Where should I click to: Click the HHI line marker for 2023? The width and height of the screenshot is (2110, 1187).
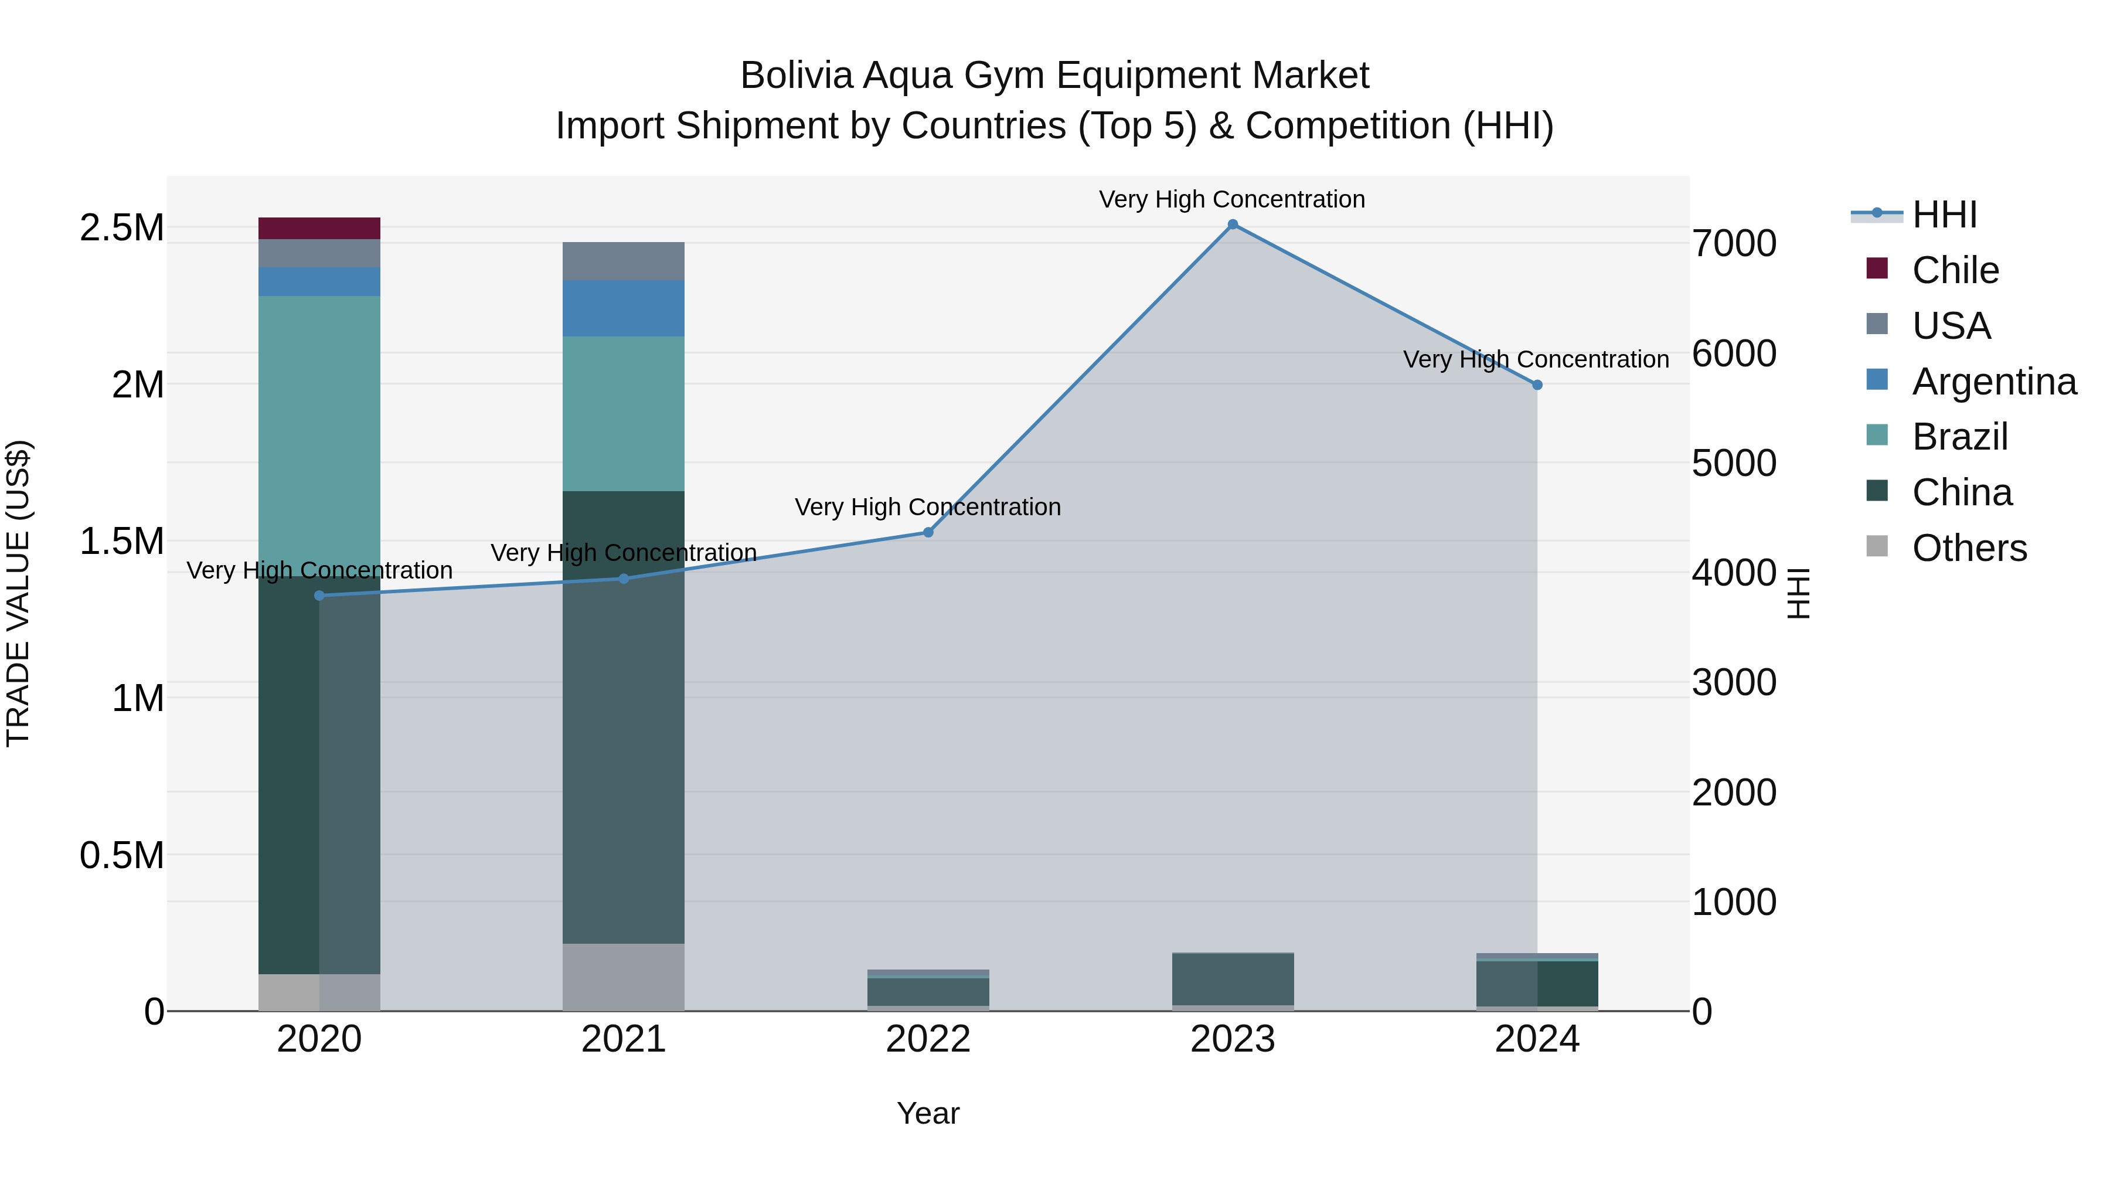[x=1233, y=225]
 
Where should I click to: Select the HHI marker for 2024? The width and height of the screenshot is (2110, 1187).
[x=1537, y=385]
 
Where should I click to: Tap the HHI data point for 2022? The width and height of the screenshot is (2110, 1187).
[x=928, y=532]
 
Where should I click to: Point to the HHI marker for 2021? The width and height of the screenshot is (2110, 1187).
[x=624, y=579]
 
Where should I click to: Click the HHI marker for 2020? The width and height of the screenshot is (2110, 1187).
[x=319, y=596]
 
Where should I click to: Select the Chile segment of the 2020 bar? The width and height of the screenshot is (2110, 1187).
[x=319, y=229]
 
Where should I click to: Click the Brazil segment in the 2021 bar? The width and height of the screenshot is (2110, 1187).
[x=624, y=414]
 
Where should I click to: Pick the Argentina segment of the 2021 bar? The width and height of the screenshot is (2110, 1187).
[x=624, y=308]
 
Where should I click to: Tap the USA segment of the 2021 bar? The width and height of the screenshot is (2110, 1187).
[x=624, y=261]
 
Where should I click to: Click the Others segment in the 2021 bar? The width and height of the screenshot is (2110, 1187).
[x=624, y=977]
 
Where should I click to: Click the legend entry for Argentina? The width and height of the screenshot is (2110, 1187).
[x=1994, y=382]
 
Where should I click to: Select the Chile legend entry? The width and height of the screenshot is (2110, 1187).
[x=1955, y=270]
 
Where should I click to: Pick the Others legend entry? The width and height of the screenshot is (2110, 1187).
[x=1969, y=548]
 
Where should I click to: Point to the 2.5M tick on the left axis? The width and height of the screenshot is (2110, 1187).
[x=122, y=228]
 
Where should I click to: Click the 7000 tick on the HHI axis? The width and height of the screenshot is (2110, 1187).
[x=1734, y=243]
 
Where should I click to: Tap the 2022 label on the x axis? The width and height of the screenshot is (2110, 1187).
[x=928, y=1039]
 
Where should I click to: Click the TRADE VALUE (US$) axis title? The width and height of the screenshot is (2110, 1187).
[x=18, y=593]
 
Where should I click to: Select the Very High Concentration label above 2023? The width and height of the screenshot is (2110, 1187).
[x=1232, y=199]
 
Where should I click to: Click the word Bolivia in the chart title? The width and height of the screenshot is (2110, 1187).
[x=796, y=76]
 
